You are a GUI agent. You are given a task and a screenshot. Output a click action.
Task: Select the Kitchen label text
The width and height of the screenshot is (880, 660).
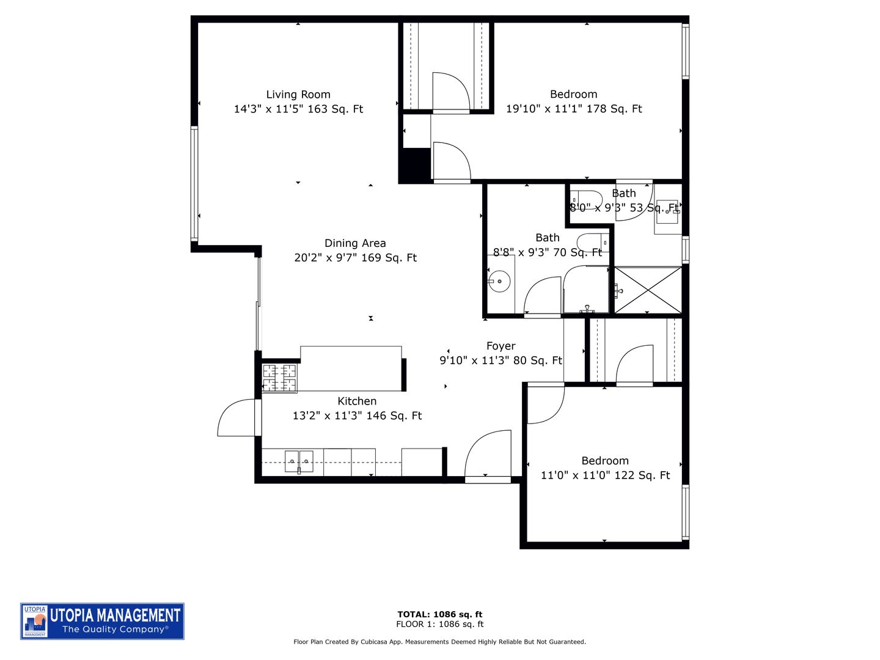[x=357, y=402]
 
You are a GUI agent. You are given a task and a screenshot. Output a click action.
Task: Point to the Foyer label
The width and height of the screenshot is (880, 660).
[x=501, y=346]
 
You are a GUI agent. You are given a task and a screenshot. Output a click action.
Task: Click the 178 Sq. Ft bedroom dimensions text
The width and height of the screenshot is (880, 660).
[x=574, y=109]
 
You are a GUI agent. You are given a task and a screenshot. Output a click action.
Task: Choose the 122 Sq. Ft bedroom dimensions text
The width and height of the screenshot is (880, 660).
[x=605, y=475]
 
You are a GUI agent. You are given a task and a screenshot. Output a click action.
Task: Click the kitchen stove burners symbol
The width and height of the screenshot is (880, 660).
[x=279, y=378]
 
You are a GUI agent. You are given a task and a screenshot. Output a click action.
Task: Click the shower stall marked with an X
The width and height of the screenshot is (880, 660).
[x=648, y=290]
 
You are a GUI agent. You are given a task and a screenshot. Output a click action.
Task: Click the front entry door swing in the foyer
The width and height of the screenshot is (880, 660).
[x=488, y=455]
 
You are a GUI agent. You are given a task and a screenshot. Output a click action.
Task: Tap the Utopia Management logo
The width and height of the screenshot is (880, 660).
[x=102, y=621]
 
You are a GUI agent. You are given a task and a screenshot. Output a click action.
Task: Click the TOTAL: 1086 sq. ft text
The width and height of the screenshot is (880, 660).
[x=440, y=615]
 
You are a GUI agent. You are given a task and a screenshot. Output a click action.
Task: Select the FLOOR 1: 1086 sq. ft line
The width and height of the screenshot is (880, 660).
[x=440, y=625]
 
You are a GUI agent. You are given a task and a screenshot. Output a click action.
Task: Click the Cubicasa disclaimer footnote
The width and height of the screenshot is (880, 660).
[x=440, y=642]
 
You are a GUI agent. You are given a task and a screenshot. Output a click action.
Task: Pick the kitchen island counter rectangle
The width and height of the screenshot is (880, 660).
[x=351, y=368]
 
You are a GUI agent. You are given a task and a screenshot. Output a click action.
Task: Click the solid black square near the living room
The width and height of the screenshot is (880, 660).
[x=414, y=164]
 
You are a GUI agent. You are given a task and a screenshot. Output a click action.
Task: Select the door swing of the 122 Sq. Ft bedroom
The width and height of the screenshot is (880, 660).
[x=544, y=405]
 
